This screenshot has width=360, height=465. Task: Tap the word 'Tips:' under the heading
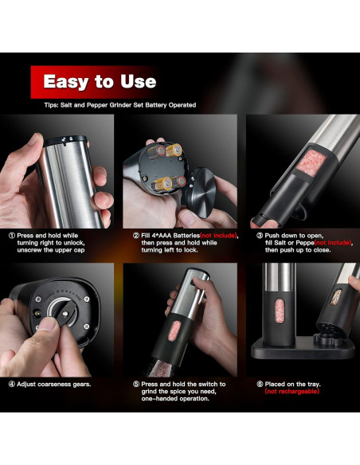51,105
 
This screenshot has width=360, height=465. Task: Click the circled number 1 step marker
12,236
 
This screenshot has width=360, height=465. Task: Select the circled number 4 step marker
12,385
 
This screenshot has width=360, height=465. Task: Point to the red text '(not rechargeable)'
292,392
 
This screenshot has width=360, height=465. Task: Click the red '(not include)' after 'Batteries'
219,236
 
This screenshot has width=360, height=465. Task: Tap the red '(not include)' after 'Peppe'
333,243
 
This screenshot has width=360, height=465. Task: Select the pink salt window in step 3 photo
311,163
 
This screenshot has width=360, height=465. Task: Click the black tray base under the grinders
303,348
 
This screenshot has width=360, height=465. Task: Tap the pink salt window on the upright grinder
280,311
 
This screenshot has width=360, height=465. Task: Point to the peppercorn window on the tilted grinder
336,297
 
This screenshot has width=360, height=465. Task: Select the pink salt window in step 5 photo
174,330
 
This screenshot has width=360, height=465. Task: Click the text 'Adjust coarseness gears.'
54,385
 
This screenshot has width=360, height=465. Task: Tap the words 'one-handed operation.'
175,399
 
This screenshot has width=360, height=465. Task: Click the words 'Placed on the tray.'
292,385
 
